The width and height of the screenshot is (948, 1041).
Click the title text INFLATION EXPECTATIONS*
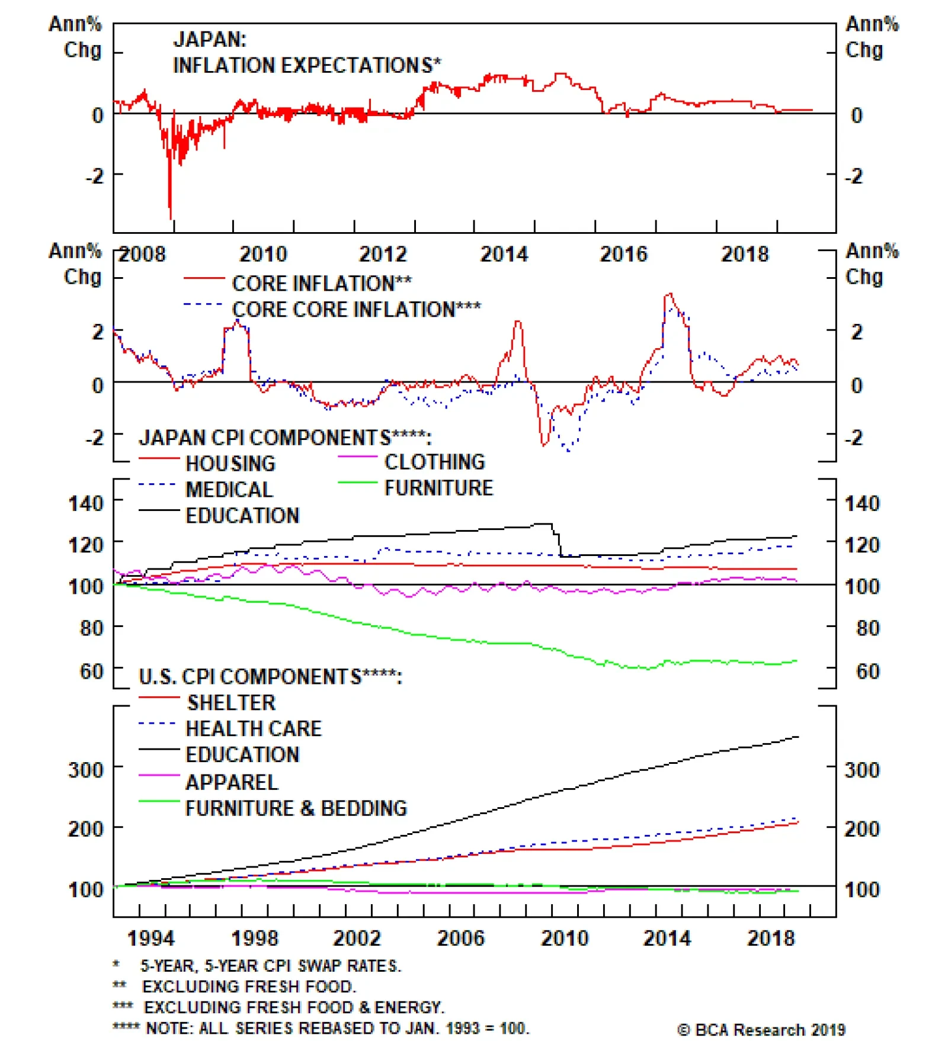(306, 65)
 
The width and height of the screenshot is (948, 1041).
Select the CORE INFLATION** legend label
(322, 284)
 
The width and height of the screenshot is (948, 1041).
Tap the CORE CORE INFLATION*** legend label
(356, 310)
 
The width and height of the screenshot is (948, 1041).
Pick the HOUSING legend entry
(230, 464)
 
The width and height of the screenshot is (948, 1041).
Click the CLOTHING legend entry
(434, 462)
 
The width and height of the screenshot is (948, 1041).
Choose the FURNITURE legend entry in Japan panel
(438, 489)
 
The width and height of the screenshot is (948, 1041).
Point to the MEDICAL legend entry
(229, 490)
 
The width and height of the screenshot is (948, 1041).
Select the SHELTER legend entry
(231, 703)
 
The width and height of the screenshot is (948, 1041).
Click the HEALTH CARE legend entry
(254, 729)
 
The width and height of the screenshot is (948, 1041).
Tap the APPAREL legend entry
(232, 783)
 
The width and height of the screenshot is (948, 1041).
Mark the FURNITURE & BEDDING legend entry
(296, 809)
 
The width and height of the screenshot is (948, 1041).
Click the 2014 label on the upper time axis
(504, 255)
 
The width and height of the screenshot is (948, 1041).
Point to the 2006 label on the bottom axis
(460, 939)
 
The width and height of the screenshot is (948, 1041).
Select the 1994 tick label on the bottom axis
(151, 939)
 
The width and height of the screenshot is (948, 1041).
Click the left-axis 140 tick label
(86, 503)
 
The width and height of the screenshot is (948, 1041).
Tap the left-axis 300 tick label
(86, 770)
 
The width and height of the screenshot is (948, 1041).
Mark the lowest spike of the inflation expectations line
(171, 218)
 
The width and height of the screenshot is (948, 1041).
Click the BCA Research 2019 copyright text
(761, 1030)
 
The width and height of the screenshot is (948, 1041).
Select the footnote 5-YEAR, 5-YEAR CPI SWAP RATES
(271, 966)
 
